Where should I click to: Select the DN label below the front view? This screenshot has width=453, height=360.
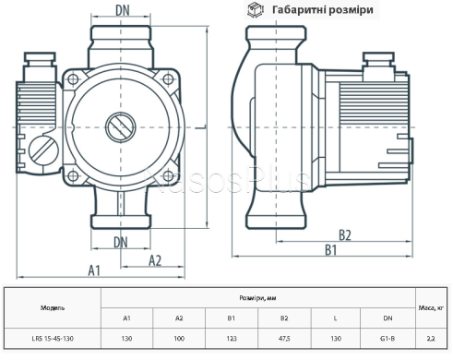pyautogui.click(x=121, y=242)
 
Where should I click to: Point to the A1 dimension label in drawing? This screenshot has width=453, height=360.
pyautogui.click(x=95, y=270)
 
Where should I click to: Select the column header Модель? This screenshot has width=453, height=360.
pyautogui.click(x=53, y=306)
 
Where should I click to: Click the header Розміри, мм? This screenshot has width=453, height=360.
pyautogui.click(x=257, y=298)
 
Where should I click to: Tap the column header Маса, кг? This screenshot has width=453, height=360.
pyautogui.click(x=430, y=306)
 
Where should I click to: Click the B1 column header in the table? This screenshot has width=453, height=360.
pyautogui.click(x=232, y=318)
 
